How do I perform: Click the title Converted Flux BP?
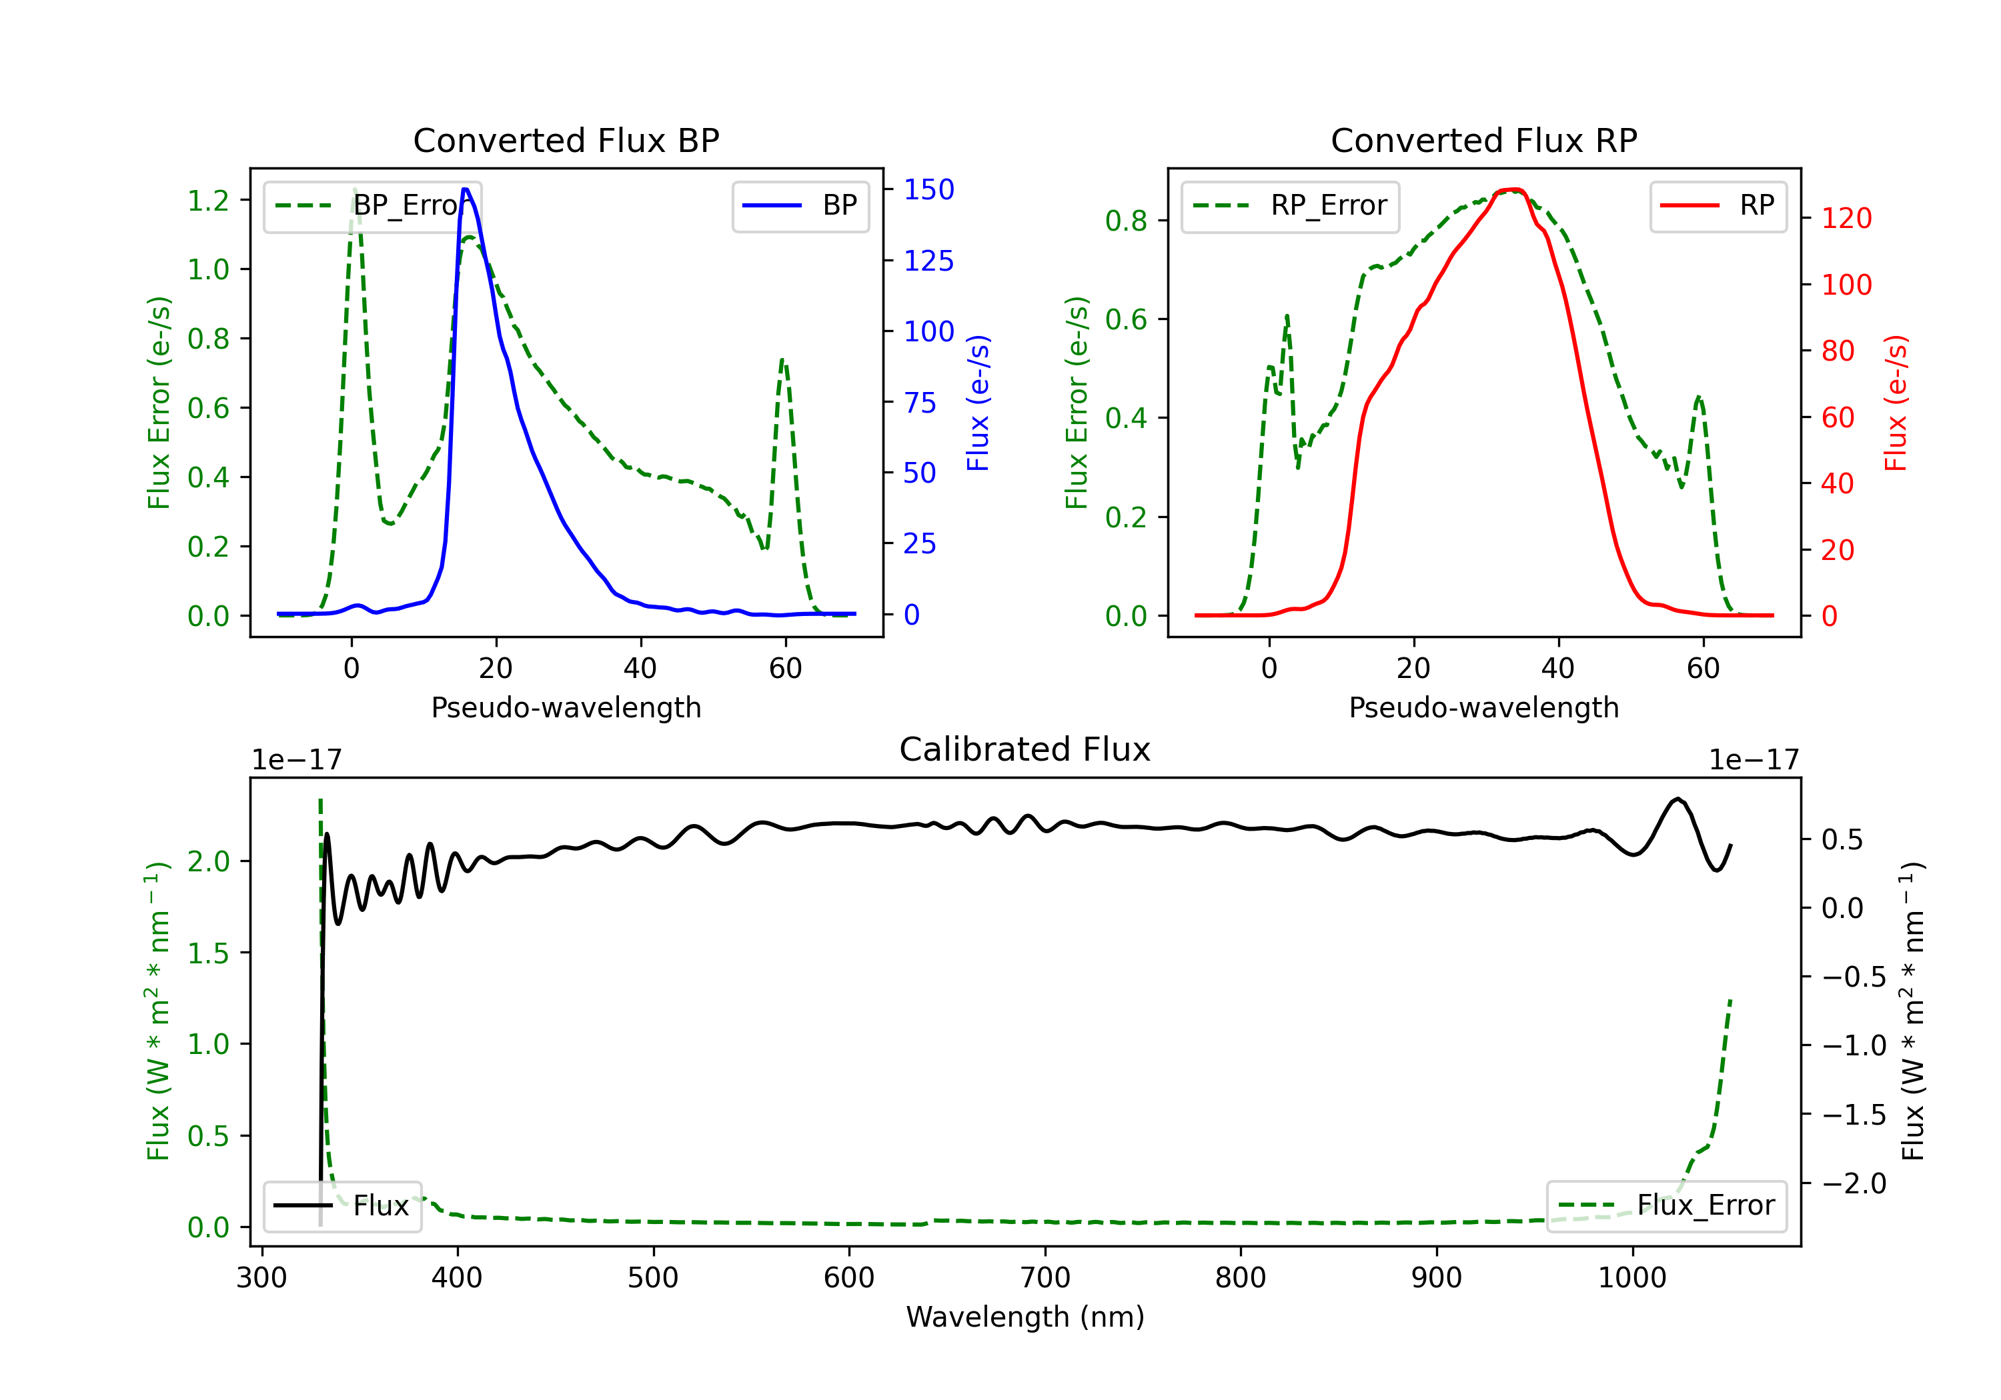pos(566,140)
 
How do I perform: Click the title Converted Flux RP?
pos(1483,140)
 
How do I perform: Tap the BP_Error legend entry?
pos(372,205)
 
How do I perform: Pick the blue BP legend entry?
pos(800,205)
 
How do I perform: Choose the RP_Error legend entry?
pos(1290,205)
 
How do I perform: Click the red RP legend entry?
pos(1717,205)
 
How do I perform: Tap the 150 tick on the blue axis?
pos(928,189)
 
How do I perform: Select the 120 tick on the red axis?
pos(1846,218)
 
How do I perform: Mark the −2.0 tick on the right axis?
pos(1853,1183)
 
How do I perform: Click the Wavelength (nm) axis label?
pos(1025,1317)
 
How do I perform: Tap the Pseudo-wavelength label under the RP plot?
pos(1483,707)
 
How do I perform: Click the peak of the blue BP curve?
pos(466,189)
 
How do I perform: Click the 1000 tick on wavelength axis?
pos(1631,1277)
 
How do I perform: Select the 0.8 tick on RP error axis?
pos(1126,221)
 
